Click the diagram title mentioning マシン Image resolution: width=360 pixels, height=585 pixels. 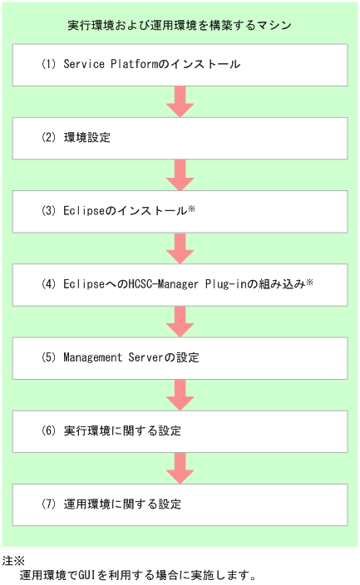tap(180, 26)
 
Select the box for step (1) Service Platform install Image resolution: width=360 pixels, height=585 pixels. tap(180, 65)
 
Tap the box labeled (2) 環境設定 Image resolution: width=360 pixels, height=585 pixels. tap(180, 138)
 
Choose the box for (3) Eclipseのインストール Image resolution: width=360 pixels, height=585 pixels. tap(180, 211)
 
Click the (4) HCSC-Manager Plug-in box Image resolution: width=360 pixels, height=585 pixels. tap(180, 284)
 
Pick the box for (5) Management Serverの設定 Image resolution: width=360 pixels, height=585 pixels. tap(180, 358)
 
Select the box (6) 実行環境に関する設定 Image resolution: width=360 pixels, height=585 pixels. tap(180, 431)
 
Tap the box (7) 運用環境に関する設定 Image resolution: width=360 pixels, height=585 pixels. tap(180, 504)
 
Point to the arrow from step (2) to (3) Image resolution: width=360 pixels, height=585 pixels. tap(180, 175)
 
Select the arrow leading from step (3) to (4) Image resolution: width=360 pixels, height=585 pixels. tap(180, 248)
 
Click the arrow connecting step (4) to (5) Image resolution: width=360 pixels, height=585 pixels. tap(180, 321)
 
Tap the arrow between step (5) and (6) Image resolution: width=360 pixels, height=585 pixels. tap(180, 395)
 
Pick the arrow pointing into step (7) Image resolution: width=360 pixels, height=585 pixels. tap(180, 468)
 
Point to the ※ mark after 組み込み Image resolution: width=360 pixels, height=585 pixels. tap(309, 283)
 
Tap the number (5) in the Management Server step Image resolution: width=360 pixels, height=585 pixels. tap(47, 358)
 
